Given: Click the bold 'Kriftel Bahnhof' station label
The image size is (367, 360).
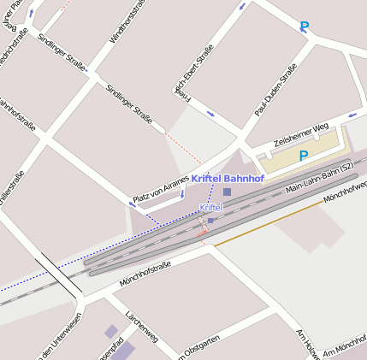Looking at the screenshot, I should coord(228,178).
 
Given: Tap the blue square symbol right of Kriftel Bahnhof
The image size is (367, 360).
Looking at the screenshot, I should coord(227,192).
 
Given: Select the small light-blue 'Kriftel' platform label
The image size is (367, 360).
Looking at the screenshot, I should coord(211,208).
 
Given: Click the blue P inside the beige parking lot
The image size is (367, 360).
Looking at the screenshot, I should coord(303,156).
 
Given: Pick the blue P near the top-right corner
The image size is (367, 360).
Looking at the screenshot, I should coord(305,27).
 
